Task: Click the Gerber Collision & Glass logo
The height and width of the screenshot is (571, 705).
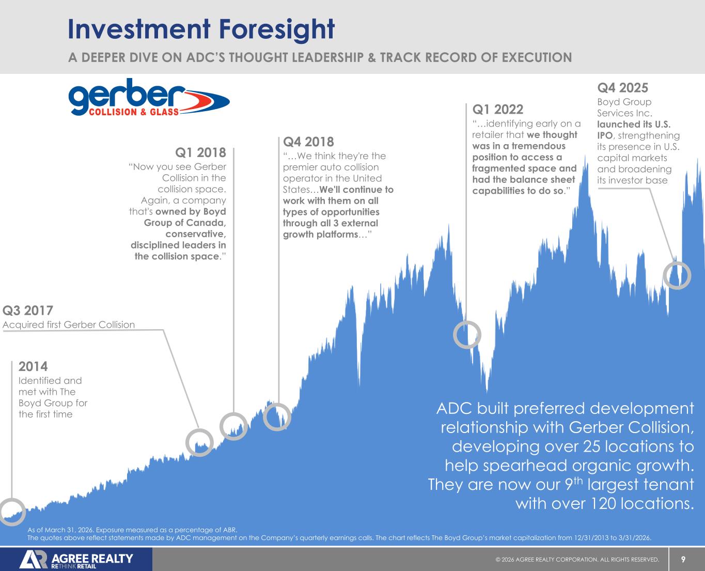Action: [x=149, y=98]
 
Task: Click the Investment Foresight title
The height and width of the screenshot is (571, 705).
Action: [x=201, y=29]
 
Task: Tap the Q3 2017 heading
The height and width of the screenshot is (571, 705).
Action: [x=28, y=311]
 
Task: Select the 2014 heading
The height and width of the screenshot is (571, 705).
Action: [x=33, y=366]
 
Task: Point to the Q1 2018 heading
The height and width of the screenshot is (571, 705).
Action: [x=200, y=152]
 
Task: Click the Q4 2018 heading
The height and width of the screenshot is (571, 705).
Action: [x=308, y=141]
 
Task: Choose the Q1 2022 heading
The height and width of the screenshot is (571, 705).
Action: [x=497, y=110]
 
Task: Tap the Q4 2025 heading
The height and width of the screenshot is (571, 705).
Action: [x=622, y=87]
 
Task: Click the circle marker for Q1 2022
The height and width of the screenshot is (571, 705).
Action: [x=467, y=334]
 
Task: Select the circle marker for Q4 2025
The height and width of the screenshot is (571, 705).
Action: [x=677, y=275]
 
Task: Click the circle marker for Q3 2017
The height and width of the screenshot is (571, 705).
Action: [x=199, y=442]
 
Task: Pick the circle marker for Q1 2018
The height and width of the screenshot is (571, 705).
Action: [x=233, y=426]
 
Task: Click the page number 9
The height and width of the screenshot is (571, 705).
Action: [x=683, y=559]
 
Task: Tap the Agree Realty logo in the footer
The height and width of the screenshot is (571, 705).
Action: [x=76, y=560]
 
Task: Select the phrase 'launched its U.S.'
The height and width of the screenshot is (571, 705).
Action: [x=634, y=125]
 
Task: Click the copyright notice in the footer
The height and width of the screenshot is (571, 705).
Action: [x=577, y=560]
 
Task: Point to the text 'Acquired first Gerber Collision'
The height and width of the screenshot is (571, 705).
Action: [x=69, y=325]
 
